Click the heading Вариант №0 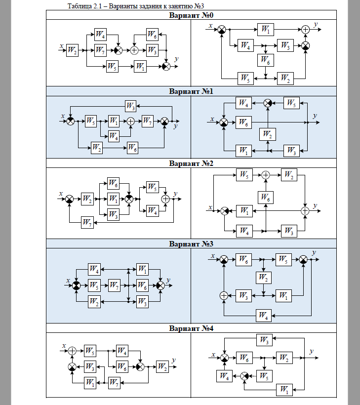(x=191, y=15)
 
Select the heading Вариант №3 (x=191, y=244)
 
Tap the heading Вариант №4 (x=191, y=328)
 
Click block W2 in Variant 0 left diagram (x=72, y=50)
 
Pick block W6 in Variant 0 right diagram (x=266, y=60)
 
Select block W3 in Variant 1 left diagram (x=130, y=106)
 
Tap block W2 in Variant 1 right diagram (x=268, y=134)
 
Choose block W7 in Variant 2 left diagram (x=87, y=222)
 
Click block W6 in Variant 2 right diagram (x=266, y=198)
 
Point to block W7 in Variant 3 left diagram (x=114, y=285)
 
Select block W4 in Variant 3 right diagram (x=263, y=316)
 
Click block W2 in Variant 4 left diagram (x=162, y=366)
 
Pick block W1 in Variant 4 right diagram (x=284, y=390)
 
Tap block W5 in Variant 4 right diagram (x=264, y=376)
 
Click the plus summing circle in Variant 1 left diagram (x=131, y=121)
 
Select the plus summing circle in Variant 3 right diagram (x=224, y=295)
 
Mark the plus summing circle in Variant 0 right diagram (x=305, y=30)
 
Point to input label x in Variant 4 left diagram (x=64, y=346)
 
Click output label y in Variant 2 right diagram (x=315, y=206)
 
